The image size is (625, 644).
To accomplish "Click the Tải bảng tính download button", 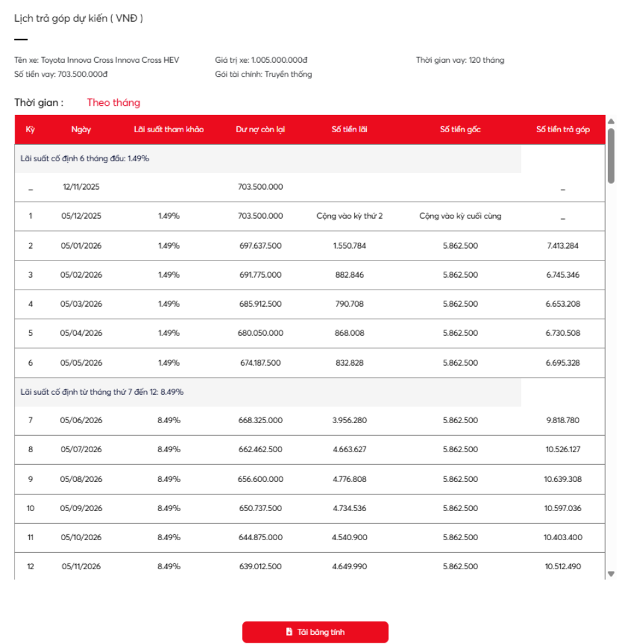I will [x=315, y=632].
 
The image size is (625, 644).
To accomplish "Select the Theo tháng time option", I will [x=114, y=102].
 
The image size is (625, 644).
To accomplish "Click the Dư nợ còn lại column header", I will [x=260, y=130].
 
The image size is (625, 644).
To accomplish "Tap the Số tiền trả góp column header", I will [x=563, y=130].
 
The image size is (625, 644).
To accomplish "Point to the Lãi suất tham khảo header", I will [x=168, y=130].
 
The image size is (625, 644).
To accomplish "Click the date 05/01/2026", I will [x=81, y=246].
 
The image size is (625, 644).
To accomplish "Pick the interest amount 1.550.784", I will [x=350, y=246].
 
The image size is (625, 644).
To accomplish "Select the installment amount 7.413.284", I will [x=563, y=246].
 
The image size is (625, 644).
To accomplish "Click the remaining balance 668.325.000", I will [x=260, y=421].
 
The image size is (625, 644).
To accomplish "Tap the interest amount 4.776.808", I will [x=350, y=479].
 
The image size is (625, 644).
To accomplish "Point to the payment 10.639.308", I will [x=563, y=479].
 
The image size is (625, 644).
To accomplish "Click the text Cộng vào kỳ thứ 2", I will [x=350, y=216].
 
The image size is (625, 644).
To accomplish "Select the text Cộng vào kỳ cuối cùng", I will [x=460, y=216].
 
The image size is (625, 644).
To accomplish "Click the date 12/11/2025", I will [x=81, y=187].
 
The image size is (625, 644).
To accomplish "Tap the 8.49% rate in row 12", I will [x=168, y=567].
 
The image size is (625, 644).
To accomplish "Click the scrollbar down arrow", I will [x=611, y=574].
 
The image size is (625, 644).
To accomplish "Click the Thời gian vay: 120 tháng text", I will [x=460, y=60].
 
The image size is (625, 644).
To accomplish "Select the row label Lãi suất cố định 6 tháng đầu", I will [x=85, y=159].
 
